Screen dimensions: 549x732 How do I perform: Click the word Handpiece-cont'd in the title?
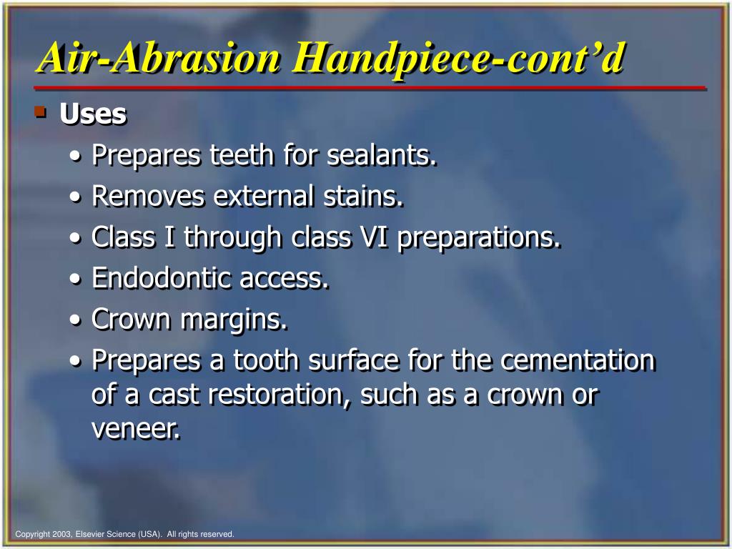click(457, 59)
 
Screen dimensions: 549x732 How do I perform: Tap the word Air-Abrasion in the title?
click(159, 59)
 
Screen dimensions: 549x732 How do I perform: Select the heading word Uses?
click(93, 114)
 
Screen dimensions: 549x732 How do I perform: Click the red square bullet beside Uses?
click(41, 112)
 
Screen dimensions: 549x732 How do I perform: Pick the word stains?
click(363, 197)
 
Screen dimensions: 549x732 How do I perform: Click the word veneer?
click(136, 430)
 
